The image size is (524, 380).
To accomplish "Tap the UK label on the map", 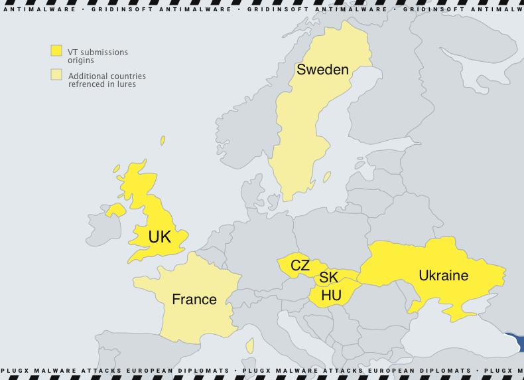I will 159,237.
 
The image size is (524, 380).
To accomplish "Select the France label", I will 194,300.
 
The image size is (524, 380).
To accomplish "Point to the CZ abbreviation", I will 300,266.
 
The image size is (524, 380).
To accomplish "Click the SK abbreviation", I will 328,278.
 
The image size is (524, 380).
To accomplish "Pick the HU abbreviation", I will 331,295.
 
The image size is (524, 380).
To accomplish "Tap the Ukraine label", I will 443,276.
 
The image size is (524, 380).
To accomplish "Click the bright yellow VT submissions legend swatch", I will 56,50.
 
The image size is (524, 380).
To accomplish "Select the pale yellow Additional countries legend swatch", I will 56,74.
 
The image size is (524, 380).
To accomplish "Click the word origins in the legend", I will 81,60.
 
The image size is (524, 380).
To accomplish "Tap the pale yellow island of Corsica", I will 250,346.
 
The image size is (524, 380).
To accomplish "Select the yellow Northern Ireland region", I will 116,211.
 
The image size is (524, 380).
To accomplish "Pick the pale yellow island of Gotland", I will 327,177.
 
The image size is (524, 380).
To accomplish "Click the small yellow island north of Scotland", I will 163,141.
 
